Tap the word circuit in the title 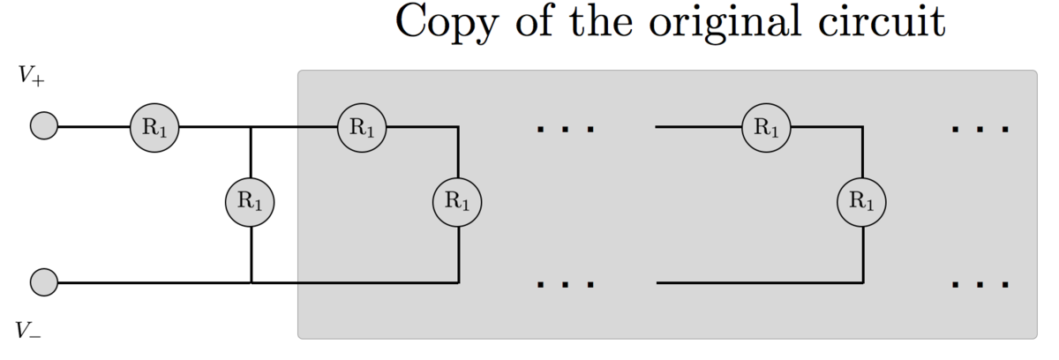point(883,21)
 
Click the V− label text point(29,331)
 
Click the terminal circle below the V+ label point(44,127)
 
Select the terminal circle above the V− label point(44,283)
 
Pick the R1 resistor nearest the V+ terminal point(155,127)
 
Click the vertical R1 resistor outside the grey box point(252,201)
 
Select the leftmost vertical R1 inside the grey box point(457,201)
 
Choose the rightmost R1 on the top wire point(766,127)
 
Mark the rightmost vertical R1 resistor point(861,201)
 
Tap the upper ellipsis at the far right point(980,129)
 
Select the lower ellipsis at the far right point(980,285)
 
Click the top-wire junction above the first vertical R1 point(252,127)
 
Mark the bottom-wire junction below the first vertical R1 point(252,283)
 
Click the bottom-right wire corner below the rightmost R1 point(861,283)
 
